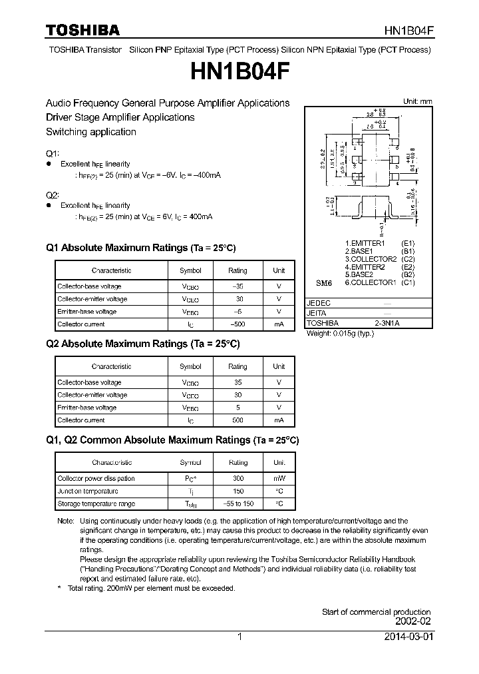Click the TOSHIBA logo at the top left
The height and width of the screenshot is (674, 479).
click(x=82, y=30)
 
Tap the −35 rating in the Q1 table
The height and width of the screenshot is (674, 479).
click(x=238, y=286)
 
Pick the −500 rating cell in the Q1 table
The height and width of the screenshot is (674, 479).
click(x=238, y=324)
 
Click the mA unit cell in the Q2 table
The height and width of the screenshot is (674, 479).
click(x=279, y=420)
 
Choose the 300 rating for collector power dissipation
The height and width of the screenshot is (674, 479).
click(x=238, y=478)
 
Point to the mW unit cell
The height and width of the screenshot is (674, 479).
click(x=279, y=478)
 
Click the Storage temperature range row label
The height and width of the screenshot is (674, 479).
click(x=96, y=504)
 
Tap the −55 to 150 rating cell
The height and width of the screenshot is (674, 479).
click(x=238, y=504)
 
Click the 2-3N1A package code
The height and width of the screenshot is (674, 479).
click(x=387, y=323)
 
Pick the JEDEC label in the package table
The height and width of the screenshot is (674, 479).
click(x=318, y=302)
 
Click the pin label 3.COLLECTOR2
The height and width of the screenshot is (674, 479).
click(x=371, y=258)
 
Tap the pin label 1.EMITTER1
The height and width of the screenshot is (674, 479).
click(x=366, y=243)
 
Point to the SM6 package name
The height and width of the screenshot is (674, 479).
click(x=323, y=282)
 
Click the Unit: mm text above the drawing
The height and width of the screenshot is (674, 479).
click(x=417, y=101)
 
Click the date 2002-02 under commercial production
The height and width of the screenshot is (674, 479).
click(x=413, y=621)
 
